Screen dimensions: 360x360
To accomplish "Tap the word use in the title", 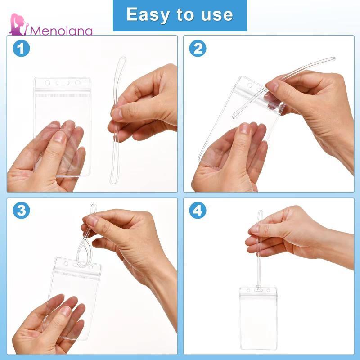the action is pos(217,15).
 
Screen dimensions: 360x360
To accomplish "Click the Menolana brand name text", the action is pos(61,31).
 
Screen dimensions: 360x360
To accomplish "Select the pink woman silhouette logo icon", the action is pos(19,24).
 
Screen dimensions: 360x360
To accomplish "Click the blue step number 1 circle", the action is pos(21,49).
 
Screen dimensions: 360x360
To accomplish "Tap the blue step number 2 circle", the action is pos(198,49).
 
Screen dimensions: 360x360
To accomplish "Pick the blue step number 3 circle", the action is pos(21,210).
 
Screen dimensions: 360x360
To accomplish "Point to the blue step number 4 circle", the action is pos(198,210).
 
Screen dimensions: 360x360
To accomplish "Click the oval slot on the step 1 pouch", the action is pos(63,83).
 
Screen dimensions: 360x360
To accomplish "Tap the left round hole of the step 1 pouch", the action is pos(48,83).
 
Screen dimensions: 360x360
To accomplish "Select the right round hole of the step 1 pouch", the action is pos(77,83).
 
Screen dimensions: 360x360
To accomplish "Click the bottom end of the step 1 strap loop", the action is pos(113,183).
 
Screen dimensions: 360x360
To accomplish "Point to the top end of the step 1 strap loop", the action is pos(123,58).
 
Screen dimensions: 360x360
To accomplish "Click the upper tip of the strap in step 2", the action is pos(333,58).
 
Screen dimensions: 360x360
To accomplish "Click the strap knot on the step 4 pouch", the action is pos(258,288).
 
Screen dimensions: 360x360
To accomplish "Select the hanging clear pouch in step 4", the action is pos(258,318).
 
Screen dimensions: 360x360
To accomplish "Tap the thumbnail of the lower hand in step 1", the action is pos(59,137).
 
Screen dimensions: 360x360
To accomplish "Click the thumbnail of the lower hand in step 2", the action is pos(244,129).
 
